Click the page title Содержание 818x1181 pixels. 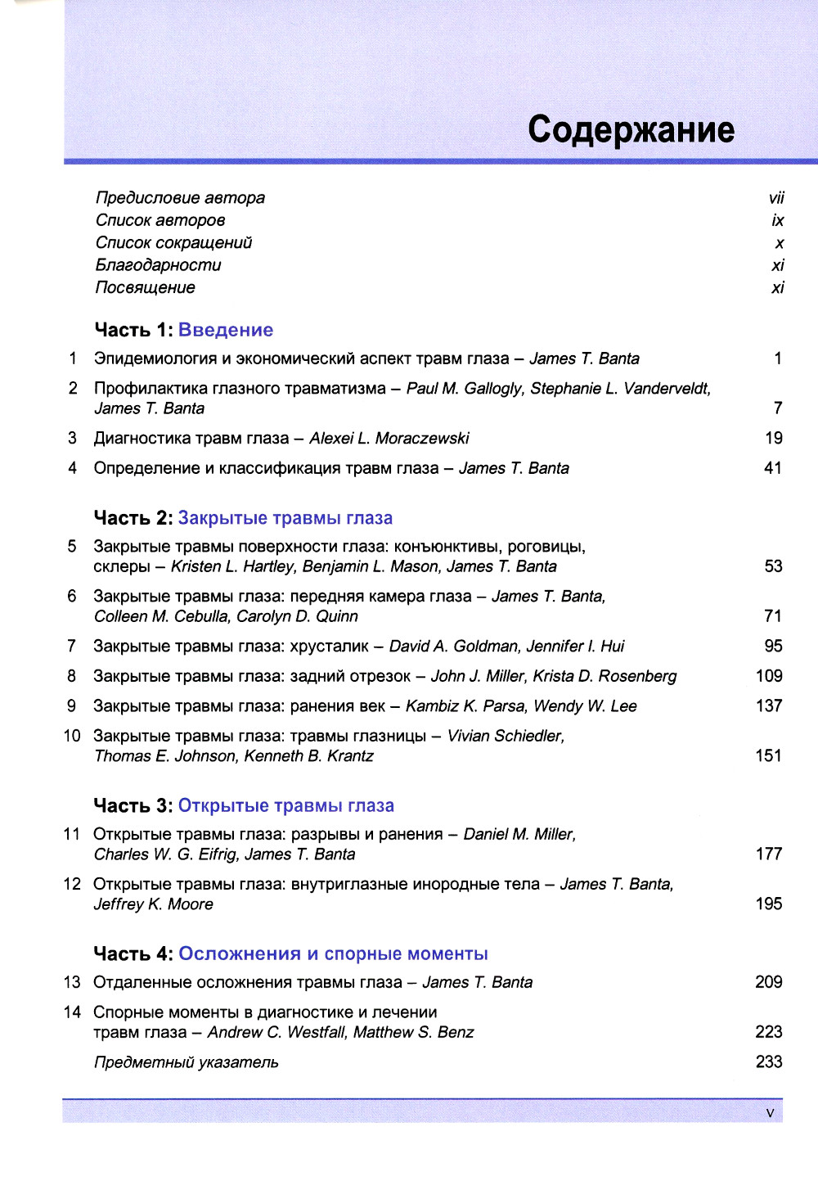click(631, 129)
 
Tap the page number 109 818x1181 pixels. click(769, 676)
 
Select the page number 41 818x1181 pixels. click(773, 468)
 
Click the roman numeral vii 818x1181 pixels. click(776, 198)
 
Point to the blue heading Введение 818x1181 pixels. click(226, 330)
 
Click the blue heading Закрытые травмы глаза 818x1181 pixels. click(285, 518)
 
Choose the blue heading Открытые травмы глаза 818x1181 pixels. click(286, 806)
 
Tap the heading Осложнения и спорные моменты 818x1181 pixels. click(333, 954)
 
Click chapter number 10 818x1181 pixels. click(72, 736)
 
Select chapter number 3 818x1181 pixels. click(72, 438)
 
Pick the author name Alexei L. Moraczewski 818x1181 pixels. click(389, 439)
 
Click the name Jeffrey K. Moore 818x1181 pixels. click(154, 904)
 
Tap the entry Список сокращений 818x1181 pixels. click(173, 243)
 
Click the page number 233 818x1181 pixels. click(769, 1062)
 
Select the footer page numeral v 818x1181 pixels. click(770, 1113)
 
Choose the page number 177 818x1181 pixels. click(769, 854)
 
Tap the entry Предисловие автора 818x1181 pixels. click(180, 198)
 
